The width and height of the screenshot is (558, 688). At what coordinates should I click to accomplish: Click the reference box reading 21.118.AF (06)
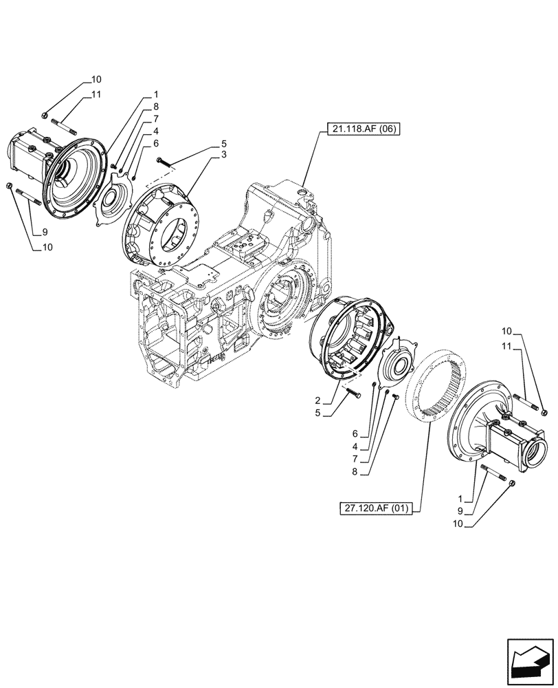tap(360, 130)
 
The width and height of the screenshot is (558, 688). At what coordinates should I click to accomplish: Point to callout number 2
tap(317, 400)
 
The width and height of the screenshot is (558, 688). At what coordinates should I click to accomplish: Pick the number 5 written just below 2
tap(317, 413)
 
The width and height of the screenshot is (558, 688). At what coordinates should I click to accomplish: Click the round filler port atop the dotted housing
tap(304, 186)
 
